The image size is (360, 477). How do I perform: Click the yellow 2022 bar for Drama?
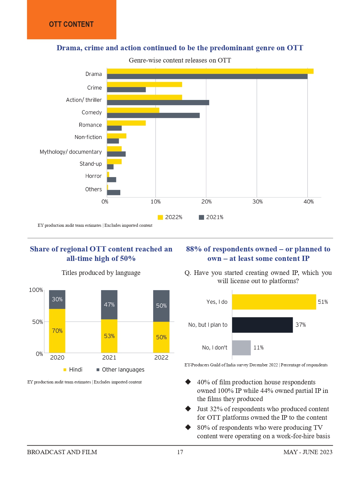pyautogui.click(x=210, y=71)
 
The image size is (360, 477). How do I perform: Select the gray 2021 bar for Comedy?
pyautogui.click(x=153, y=116)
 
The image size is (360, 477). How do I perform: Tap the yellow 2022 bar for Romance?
pyautogui.click(x=126, y=123)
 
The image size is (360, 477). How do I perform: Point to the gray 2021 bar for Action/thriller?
pyautogui.click(x=158, y=103)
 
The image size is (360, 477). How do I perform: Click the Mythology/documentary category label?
pyautogui.click(x=71, y=152)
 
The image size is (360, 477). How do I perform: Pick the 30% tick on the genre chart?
pyautogui.click(x=257, y=202)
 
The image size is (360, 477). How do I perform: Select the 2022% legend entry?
pyautogui.click(x=170, y=217)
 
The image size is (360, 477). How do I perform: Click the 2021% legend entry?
pyautogui.click(x=211, y=217)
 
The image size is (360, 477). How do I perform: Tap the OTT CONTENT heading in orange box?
pyautogui.click(x=71, y=24)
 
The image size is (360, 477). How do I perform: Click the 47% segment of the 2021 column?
pyautogui.click(x=109, y=304)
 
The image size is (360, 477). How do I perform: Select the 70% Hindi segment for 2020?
pyautogui.click(x=57, y=331)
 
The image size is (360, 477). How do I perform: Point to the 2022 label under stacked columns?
pyautogui.click(x=161, y=358)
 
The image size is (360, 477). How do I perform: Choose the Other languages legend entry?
pyautogui.click(x=120, y=370)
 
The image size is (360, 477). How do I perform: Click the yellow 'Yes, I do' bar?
pyautogui.click(x=274, y=302)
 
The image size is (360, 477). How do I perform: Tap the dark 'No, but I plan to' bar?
pyautogui.click(x=262, y=325)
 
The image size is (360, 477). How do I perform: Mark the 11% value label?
pyautogui.click(x=258, y=348)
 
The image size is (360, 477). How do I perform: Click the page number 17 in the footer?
pyautogui.click(x=180, y=452)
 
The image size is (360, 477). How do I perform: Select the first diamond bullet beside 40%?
pyautogui.click(x=188, y=382)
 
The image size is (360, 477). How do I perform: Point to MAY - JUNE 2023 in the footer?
pyautogui.click(x=308, y=452)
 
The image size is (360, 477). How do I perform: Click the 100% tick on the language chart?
pyautogui.click(x=36, y=290)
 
